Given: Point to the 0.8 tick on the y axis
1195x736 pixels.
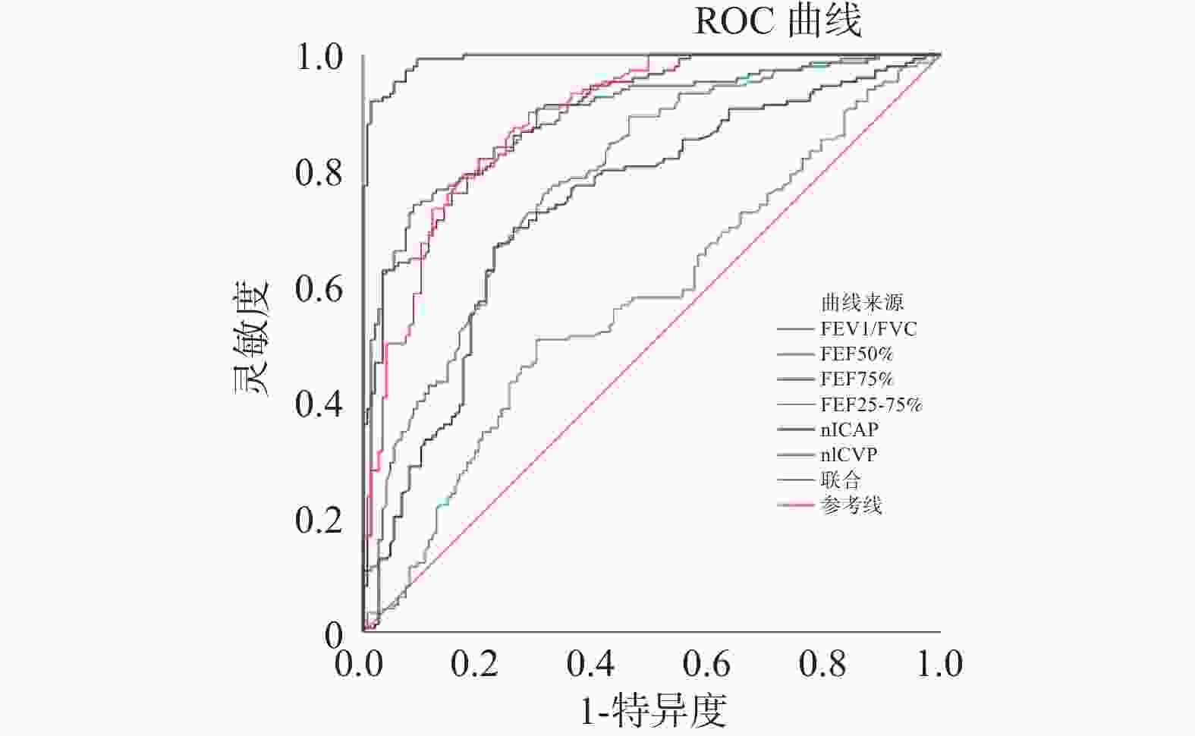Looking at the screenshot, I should (319, 173).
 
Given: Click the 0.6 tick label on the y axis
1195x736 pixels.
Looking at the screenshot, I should (319, 289).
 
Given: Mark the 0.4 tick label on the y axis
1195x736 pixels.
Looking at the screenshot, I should (319, 404).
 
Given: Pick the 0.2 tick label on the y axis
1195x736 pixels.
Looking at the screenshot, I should (319, 521).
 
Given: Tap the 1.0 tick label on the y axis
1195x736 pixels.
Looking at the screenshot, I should (319, 58).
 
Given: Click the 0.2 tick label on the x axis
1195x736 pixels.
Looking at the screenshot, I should (475, 664).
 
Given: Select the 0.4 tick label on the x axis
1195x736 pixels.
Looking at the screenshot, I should (591, 664).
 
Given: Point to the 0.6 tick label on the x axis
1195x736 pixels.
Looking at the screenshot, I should (706, 664).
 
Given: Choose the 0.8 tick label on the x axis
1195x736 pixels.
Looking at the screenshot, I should (822, 664).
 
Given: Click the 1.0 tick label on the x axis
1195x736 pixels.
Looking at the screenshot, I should (939, 664).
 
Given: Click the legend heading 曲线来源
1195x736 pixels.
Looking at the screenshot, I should (862, 304).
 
